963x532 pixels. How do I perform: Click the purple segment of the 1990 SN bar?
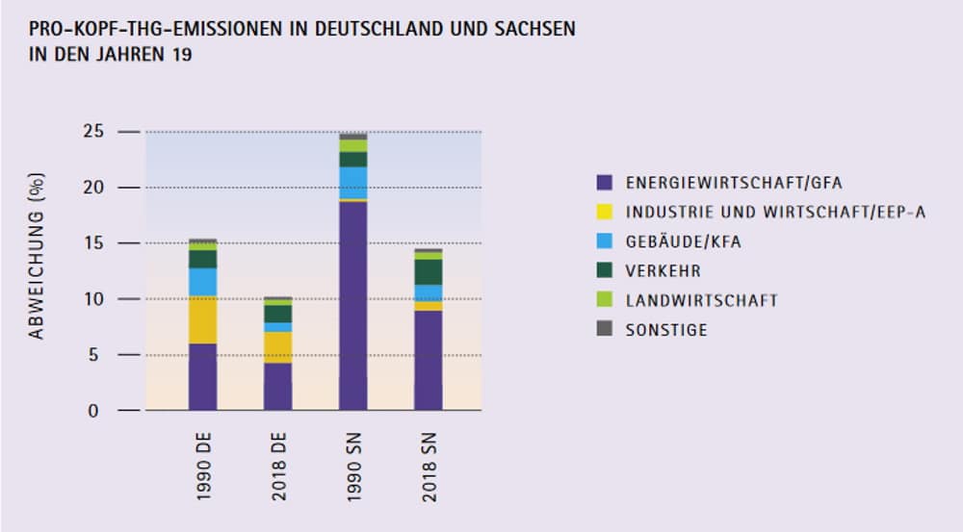353,306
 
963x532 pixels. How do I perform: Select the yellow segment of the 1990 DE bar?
202,319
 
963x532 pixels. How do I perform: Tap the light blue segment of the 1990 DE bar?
202,282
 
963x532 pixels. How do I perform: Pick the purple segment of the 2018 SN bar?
429,361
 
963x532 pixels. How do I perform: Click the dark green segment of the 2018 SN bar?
429,271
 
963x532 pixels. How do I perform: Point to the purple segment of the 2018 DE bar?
277,387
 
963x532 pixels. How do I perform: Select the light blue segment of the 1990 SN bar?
353,182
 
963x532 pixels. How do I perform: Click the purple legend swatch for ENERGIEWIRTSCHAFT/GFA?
605,182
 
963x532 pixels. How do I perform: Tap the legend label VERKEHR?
664,270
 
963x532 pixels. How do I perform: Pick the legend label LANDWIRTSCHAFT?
701,300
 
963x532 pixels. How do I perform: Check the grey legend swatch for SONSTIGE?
605,329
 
